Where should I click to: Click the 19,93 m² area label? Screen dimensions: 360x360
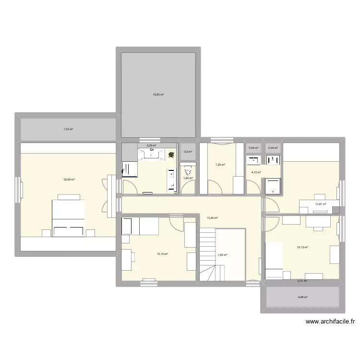[158, 95]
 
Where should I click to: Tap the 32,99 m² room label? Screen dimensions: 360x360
[70, 180]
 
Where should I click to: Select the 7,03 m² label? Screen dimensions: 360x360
[68, 129]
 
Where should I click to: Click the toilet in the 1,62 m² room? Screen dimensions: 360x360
[188, 169]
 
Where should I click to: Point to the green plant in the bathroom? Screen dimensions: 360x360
[171, 155]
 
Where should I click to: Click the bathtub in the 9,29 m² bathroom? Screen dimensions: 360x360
[154, 154]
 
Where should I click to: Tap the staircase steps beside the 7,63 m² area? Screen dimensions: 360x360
[208, 254]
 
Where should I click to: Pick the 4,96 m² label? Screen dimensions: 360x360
[302, 297]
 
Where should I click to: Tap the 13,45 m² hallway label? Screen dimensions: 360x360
[212, 218]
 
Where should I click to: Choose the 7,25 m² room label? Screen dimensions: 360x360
[220, 165]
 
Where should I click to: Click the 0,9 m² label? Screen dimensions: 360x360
[188, 152]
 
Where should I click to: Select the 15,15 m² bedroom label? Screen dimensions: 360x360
[162, 254]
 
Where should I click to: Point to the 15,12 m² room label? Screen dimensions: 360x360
[302, 247]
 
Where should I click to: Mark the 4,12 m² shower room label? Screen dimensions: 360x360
[256, 172]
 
